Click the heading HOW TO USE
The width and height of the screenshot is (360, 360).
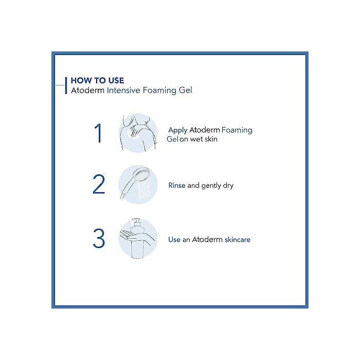pos(97,80)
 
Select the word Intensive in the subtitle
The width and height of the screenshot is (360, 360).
pos(123,90)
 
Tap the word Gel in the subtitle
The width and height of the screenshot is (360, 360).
pos(185,90)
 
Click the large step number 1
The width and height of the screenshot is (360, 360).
pos(99,133)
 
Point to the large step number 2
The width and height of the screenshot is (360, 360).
pos(99,184)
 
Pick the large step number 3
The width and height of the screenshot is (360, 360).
pos(99,238)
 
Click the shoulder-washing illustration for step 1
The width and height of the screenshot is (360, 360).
pos(138,133)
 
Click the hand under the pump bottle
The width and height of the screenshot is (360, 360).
pos(135,236)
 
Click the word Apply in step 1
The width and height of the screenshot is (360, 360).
pos(178,131)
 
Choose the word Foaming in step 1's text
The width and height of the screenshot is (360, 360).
pos(237,131)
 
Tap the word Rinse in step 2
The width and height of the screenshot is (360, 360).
pos(177,185)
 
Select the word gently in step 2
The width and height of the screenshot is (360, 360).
pos(211,186)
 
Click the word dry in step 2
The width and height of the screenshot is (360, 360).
pos(228,186)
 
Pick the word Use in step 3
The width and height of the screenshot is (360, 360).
pos(174,240)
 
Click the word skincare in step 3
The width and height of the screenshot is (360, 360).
pos(238,240)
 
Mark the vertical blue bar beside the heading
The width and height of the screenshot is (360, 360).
pos(66,85)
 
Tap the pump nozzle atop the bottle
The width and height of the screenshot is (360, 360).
pos(136,221)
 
